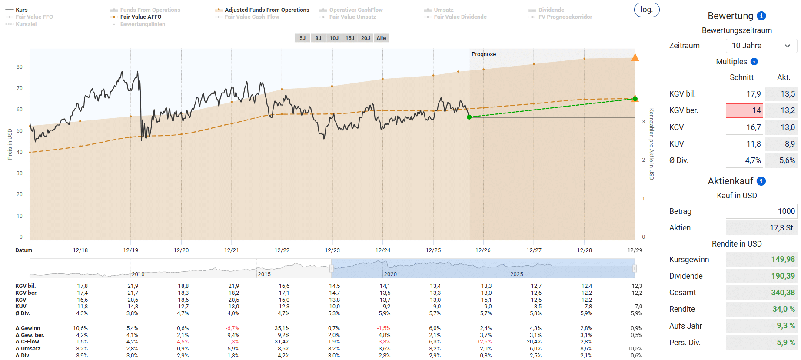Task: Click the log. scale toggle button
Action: point(647,10)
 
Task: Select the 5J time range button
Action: point(302,38)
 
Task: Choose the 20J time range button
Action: point(366,38)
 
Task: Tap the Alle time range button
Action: point(381,38)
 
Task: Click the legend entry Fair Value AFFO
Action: point(136,17)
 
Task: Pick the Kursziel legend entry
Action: point(21,24)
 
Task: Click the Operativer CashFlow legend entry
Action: point(351,10)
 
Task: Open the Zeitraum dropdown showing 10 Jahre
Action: point(761,46)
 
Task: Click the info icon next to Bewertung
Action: point(761,16)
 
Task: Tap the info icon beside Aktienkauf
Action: point(761,181)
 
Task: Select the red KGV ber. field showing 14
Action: point(744,110)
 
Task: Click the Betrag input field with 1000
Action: point(761,211)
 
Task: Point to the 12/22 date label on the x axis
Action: point(282,250)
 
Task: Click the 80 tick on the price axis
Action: point(20,67)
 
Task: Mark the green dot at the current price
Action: point(469,117)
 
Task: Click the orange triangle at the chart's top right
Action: point(635,57)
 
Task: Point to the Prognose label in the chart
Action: point(484,54)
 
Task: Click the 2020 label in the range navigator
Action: point(390,274)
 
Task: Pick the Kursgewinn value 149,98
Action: point(783,260)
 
